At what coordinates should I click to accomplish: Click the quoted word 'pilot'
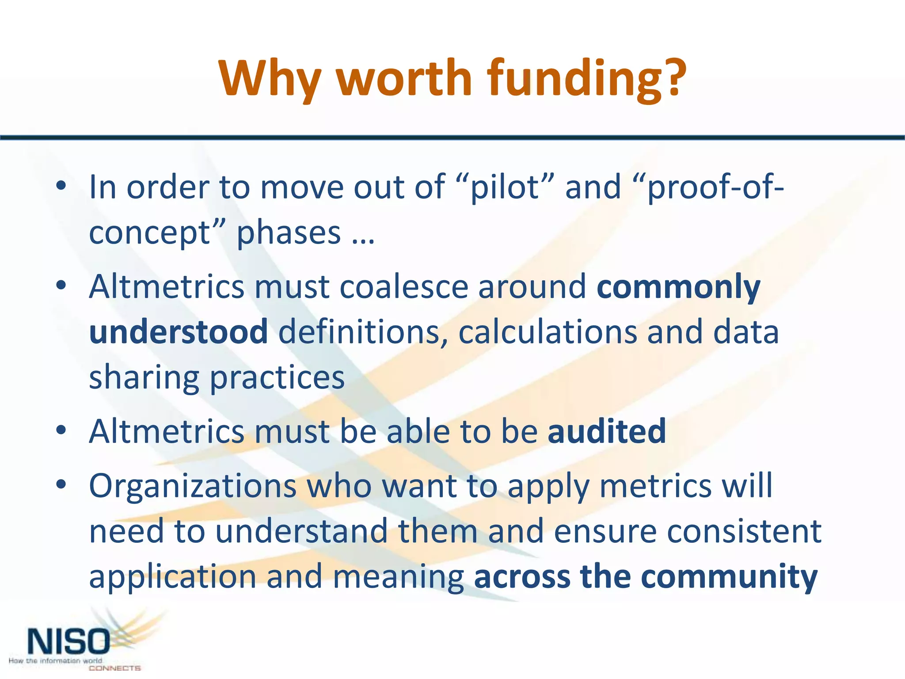point(506,187)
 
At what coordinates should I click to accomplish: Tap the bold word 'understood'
point(178,332)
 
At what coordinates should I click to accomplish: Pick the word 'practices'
point(277,378)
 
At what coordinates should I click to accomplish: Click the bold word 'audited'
point(607,431)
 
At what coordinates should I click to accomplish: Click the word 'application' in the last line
point(172,577)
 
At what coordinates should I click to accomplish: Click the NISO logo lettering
point(68,642)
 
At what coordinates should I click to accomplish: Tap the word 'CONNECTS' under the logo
point(114,668)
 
